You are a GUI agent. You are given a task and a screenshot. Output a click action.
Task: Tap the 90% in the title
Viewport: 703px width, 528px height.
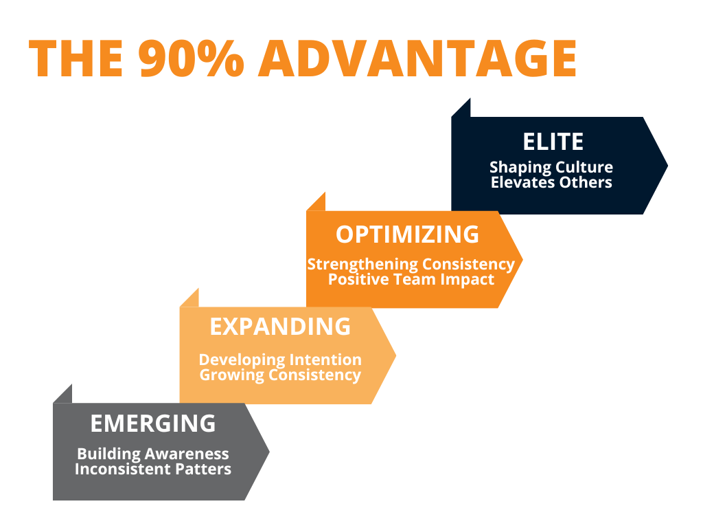click(x=194, y=58)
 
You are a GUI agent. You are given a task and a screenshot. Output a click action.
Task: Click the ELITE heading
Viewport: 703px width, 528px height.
click(x=553, y=142)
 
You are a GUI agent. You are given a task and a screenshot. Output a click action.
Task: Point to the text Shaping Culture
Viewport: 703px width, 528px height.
click(x=551, y=168)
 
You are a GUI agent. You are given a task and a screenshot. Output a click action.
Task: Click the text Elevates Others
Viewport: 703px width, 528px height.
click(x=551, y=183)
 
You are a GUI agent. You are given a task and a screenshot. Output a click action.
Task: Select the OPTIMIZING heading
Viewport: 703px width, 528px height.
click(x=407, y=234)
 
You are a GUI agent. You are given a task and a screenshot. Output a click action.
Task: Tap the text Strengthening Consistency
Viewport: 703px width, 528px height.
click(x=411, y=264)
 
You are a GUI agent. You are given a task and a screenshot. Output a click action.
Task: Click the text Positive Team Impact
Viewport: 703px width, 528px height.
click(x=411, y=280)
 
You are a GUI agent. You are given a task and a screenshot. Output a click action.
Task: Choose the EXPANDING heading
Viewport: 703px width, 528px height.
click(x=280, y=327)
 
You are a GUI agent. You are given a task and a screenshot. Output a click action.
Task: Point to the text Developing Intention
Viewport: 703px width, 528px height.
click(x=280, y=360)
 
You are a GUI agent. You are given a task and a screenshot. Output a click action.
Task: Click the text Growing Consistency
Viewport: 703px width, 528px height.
click(x=280, y=375)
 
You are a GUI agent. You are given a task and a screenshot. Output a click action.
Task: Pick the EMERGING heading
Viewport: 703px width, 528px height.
click(x=153, y=423)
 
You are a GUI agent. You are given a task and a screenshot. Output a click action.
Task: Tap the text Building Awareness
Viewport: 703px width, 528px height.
click(x=153, y=454)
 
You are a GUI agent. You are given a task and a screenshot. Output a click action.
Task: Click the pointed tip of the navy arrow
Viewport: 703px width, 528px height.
click(x=666, y=165)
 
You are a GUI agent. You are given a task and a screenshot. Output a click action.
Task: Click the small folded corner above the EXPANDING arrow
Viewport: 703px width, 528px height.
click(x=192, y=299)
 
